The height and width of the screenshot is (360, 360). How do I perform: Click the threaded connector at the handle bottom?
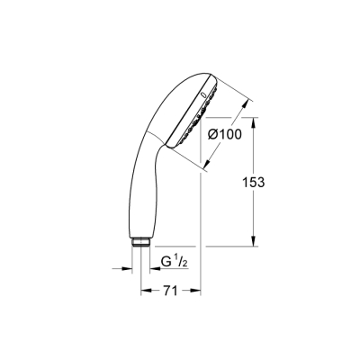(x=140, y=242)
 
